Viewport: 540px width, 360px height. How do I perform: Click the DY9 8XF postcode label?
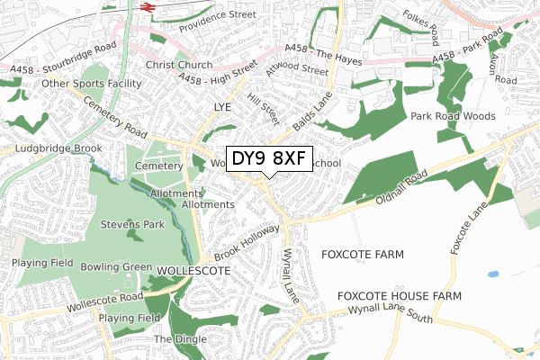[x=269, y=159]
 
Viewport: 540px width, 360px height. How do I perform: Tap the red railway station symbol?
[x=148, y=7]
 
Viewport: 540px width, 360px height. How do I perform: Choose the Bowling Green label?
[x=116, y=267]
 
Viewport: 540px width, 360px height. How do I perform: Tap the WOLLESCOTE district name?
[x=194, y=270]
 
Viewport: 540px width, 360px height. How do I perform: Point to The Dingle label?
[x=179, y=338]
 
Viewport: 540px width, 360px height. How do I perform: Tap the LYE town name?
[x=222, y=107]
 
